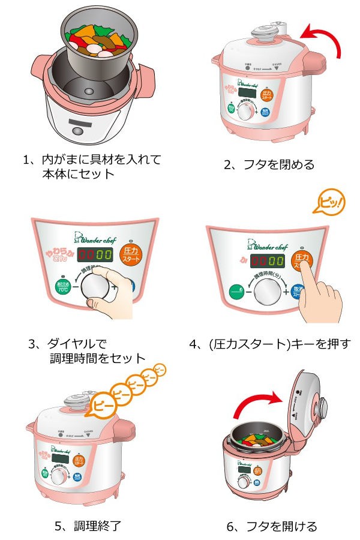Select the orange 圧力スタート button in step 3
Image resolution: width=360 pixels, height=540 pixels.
(x=131, y=254)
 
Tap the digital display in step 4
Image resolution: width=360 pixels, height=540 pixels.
(x=267, y=261)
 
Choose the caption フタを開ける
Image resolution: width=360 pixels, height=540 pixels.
(x=271, y=526)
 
